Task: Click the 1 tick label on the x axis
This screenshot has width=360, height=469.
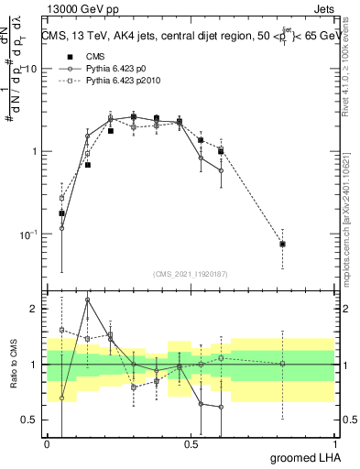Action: [334, 443]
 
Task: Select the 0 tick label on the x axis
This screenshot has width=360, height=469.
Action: [48, 443]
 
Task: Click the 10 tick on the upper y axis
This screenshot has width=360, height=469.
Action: [31, 70]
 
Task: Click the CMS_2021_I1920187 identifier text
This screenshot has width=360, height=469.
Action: [191, 273]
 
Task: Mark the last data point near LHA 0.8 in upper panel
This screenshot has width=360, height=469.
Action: [283, 244]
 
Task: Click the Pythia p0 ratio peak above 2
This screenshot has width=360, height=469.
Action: [88, 300]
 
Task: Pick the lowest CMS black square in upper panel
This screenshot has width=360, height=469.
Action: [62, 213]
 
